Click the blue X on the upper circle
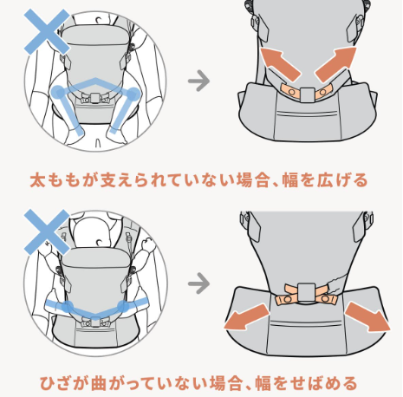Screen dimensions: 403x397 47,31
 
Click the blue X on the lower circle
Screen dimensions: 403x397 47,232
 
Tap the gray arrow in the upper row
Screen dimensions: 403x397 198,81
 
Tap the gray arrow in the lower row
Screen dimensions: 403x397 198,283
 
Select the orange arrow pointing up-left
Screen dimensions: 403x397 280,64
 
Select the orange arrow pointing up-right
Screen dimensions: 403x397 336,64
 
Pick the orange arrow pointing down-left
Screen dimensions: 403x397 246,317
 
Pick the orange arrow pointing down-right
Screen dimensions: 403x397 367,316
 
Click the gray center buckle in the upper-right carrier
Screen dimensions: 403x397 307,95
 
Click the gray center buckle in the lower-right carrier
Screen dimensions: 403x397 307,292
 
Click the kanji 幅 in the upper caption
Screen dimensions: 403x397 289,180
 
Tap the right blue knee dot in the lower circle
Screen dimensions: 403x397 124,306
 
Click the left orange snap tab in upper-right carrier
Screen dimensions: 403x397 290,91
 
